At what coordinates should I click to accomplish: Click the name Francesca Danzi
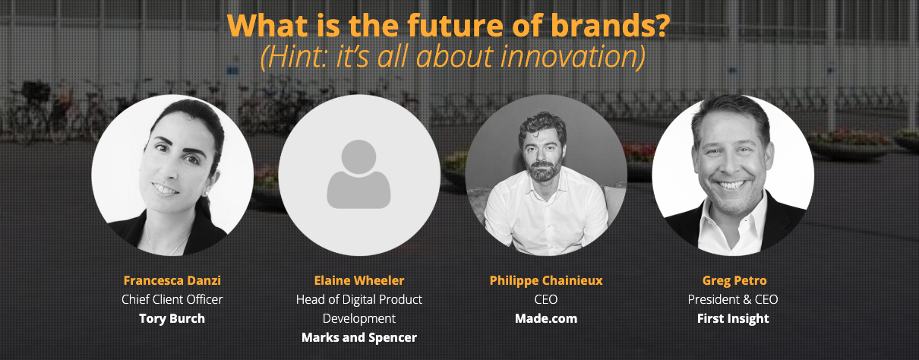tap(172, 280)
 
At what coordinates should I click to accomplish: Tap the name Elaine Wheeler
tap(359, 280)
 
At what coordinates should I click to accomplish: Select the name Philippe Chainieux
tap(546, 281)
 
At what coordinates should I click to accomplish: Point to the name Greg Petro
tap(734, 281)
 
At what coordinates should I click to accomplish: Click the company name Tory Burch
tap(172, 318)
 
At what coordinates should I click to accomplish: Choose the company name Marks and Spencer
tap(359, 337)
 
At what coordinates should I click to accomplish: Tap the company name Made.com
tap(546, 318)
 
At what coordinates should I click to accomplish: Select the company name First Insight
tap(733, 318)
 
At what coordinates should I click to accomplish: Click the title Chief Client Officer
tap(172, 299)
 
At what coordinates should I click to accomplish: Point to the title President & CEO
tap(733, 299)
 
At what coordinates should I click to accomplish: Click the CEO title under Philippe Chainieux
tap(546, 299)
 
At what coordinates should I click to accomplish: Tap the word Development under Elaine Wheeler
tap(359, 318)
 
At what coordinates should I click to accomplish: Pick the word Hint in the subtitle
tap(298, 57)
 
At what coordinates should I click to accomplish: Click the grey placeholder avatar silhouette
tap(359, 174)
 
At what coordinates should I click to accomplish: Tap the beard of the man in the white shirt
tap(545, 170)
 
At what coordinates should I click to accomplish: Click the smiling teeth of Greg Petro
tap(733, 185)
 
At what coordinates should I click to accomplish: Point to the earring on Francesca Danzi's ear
tap(207, 194)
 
